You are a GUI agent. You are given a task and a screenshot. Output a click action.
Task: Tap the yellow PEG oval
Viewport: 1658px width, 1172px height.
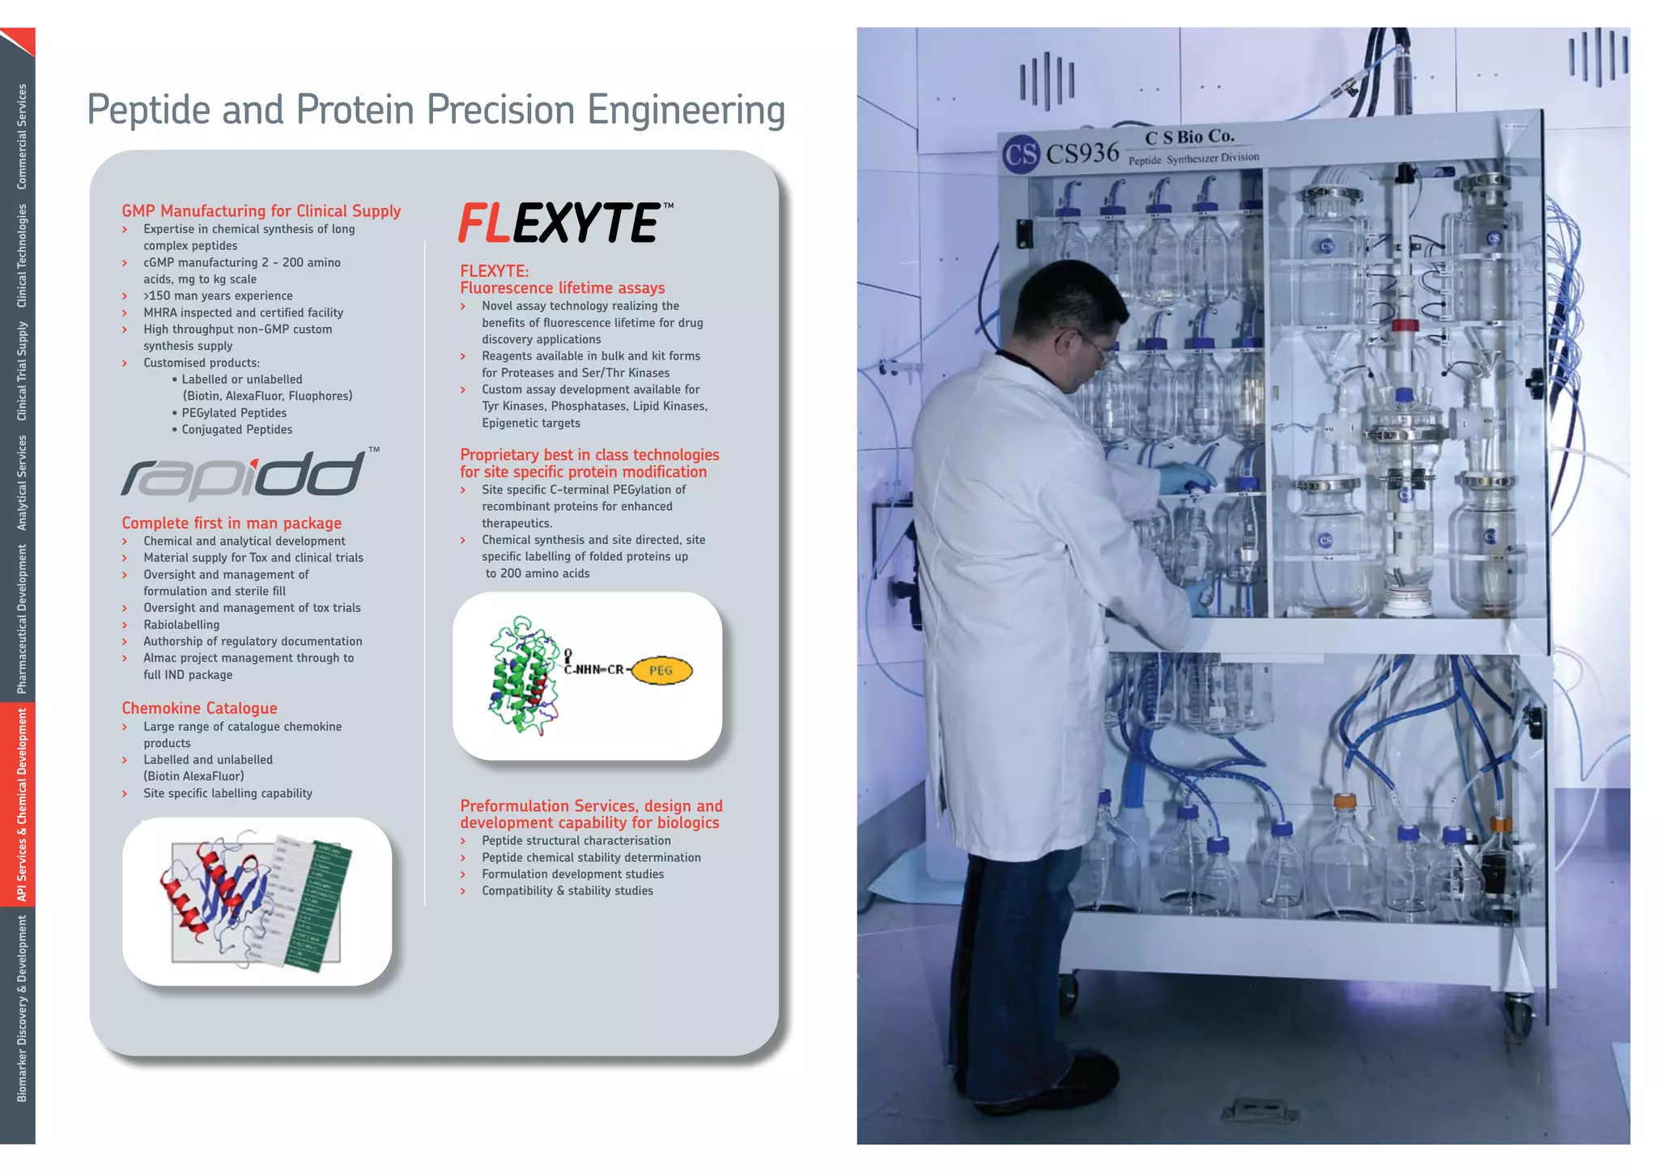point(661,670)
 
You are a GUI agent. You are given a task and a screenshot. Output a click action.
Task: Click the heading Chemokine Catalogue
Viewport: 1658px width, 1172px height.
point(199,708)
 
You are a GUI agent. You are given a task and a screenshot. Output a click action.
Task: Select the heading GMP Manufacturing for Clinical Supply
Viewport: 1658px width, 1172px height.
point(261,210)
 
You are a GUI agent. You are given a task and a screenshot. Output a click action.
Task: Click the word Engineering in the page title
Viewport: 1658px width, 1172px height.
point(686,110)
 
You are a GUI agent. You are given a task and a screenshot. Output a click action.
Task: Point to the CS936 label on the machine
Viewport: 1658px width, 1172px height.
point(1082,153)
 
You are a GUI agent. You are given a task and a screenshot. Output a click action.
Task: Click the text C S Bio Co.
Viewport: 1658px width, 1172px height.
point(1189,137)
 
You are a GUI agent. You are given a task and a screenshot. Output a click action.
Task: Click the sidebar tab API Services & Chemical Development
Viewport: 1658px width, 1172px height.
point(21,805)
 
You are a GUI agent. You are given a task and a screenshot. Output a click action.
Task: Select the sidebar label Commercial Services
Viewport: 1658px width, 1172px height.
point(21,136)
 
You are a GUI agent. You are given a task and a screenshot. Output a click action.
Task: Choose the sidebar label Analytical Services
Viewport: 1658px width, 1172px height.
point(21,482)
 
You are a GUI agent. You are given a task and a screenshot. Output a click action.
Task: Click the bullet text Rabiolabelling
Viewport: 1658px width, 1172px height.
point(181,625)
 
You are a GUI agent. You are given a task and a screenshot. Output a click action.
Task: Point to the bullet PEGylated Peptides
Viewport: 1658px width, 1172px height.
point(233,413)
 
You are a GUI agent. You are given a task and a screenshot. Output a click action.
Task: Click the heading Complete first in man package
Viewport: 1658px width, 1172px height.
point(232,523)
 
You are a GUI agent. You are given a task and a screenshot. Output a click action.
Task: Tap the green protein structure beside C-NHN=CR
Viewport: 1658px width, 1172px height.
point(523,676)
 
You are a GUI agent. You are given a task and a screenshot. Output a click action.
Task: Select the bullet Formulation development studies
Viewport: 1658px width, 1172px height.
point(572,874)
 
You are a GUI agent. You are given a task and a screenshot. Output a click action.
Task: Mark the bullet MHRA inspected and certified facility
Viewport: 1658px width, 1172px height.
point(243,312)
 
